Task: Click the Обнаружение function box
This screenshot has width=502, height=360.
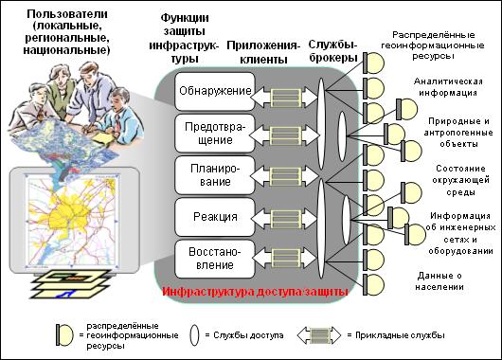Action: click(x=215, y=91)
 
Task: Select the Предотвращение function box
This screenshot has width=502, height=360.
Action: click(x=215, y=133)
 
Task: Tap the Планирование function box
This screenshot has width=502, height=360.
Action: click(x=215, y=175)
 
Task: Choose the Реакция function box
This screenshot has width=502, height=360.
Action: click(x=215, y=217)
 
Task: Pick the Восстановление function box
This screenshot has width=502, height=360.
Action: click(x=215, y=259)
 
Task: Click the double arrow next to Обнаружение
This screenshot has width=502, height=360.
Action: click(x=286, y=98)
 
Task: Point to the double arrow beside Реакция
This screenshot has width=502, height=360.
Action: click(x=286, y=219)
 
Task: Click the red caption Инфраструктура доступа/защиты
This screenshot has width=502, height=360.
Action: click(x=255, y=292)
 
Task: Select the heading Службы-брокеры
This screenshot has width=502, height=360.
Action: click(x=333, y=51)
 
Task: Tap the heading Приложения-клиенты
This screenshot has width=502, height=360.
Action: click(x=263, y=52)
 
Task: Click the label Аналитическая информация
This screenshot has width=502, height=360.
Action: click(x=448, y=87)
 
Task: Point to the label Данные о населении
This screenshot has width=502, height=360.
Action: click(x=439, y=280)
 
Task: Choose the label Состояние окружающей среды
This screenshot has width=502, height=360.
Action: click(x=460, y=180)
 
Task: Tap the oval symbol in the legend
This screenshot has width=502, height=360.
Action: click(x=194, y=335)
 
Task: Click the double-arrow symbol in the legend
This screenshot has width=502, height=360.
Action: click(x=319, y=335)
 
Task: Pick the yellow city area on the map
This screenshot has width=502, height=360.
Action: click(x=68, y=214)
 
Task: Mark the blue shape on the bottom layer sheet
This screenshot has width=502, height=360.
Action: click(x=68, y=293)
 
